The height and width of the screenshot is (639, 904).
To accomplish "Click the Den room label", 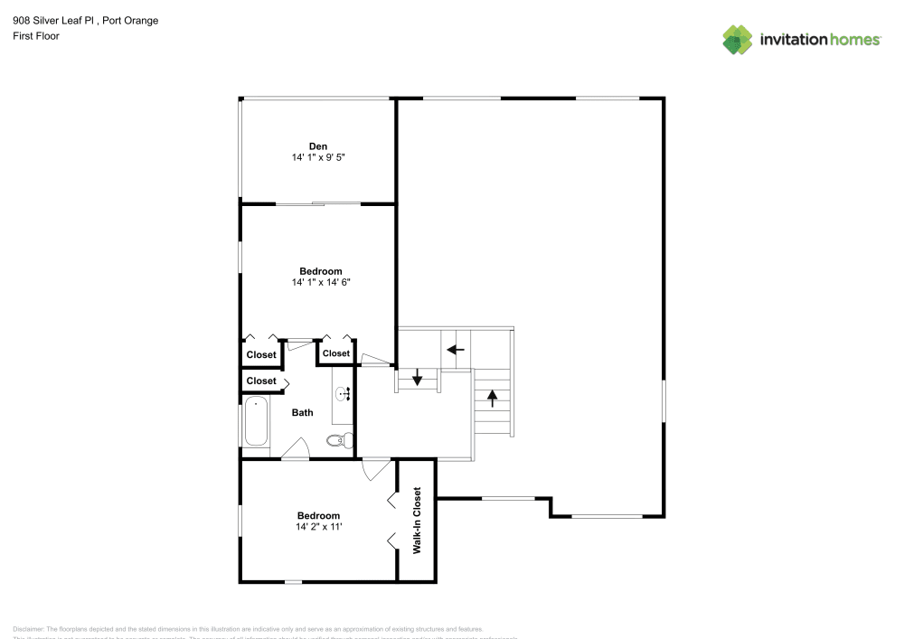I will click(318, 146).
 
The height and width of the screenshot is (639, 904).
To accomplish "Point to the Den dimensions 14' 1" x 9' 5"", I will click(318, 157).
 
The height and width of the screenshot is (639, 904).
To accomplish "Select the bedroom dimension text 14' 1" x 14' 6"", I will click(320, 282).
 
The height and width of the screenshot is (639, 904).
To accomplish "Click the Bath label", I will click(302, 413).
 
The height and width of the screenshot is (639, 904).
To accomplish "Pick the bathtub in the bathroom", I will click(256, 421).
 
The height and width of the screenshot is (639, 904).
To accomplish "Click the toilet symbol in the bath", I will click(335, 440).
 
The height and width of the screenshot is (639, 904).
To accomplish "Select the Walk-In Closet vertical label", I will click(417, 521).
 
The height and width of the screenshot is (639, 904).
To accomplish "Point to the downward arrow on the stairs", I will click(418, 378).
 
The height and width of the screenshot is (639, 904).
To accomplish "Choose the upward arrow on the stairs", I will click(493, 396).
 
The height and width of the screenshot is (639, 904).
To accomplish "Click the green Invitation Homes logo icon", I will click(738, 39).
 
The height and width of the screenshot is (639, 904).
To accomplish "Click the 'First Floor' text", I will click(36, 36).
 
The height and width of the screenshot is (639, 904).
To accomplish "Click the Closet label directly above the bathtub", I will click(261, 381).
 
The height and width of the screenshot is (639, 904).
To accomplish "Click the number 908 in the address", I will click(21, 20).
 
